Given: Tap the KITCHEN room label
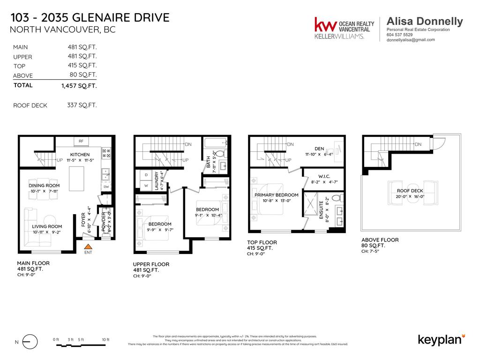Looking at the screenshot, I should click(80, 154).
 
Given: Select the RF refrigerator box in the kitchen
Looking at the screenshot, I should click(81, 141).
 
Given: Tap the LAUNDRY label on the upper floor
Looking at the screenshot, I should click(156, 181).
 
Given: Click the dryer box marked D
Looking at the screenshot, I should click(145, 175).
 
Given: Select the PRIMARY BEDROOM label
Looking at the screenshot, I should click(277, 195).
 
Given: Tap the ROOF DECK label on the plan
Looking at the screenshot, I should click(410, 191).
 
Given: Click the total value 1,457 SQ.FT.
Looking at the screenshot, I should click(79, 86).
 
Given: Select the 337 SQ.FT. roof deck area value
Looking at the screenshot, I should click(82, 105).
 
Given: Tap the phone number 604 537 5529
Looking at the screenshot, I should click(400, 35).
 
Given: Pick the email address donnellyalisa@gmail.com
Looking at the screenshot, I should click(411, 40).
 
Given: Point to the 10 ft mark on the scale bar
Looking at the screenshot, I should click(105, 339).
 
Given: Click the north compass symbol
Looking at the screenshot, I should click(30, 342).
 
